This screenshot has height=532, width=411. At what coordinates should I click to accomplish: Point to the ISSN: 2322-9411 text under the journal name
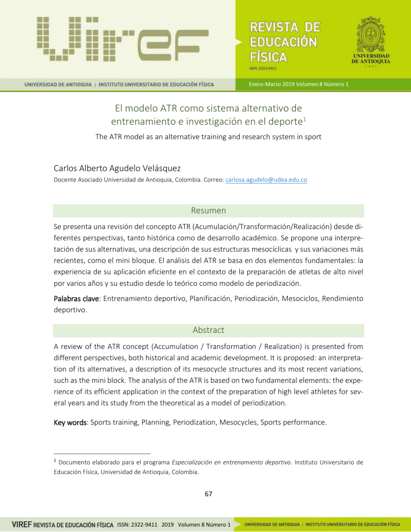261,68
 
